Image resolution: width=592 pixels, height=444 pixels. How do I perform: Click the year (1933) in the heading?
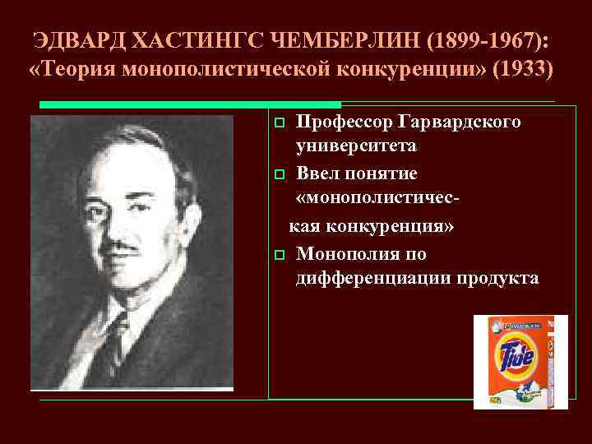point(522,69)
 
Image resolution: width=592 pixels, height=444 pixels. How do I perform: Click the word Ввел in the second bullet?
point(321,173)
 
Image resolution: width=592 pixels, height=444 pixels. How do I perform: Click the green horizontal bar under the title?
point(190,105)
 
